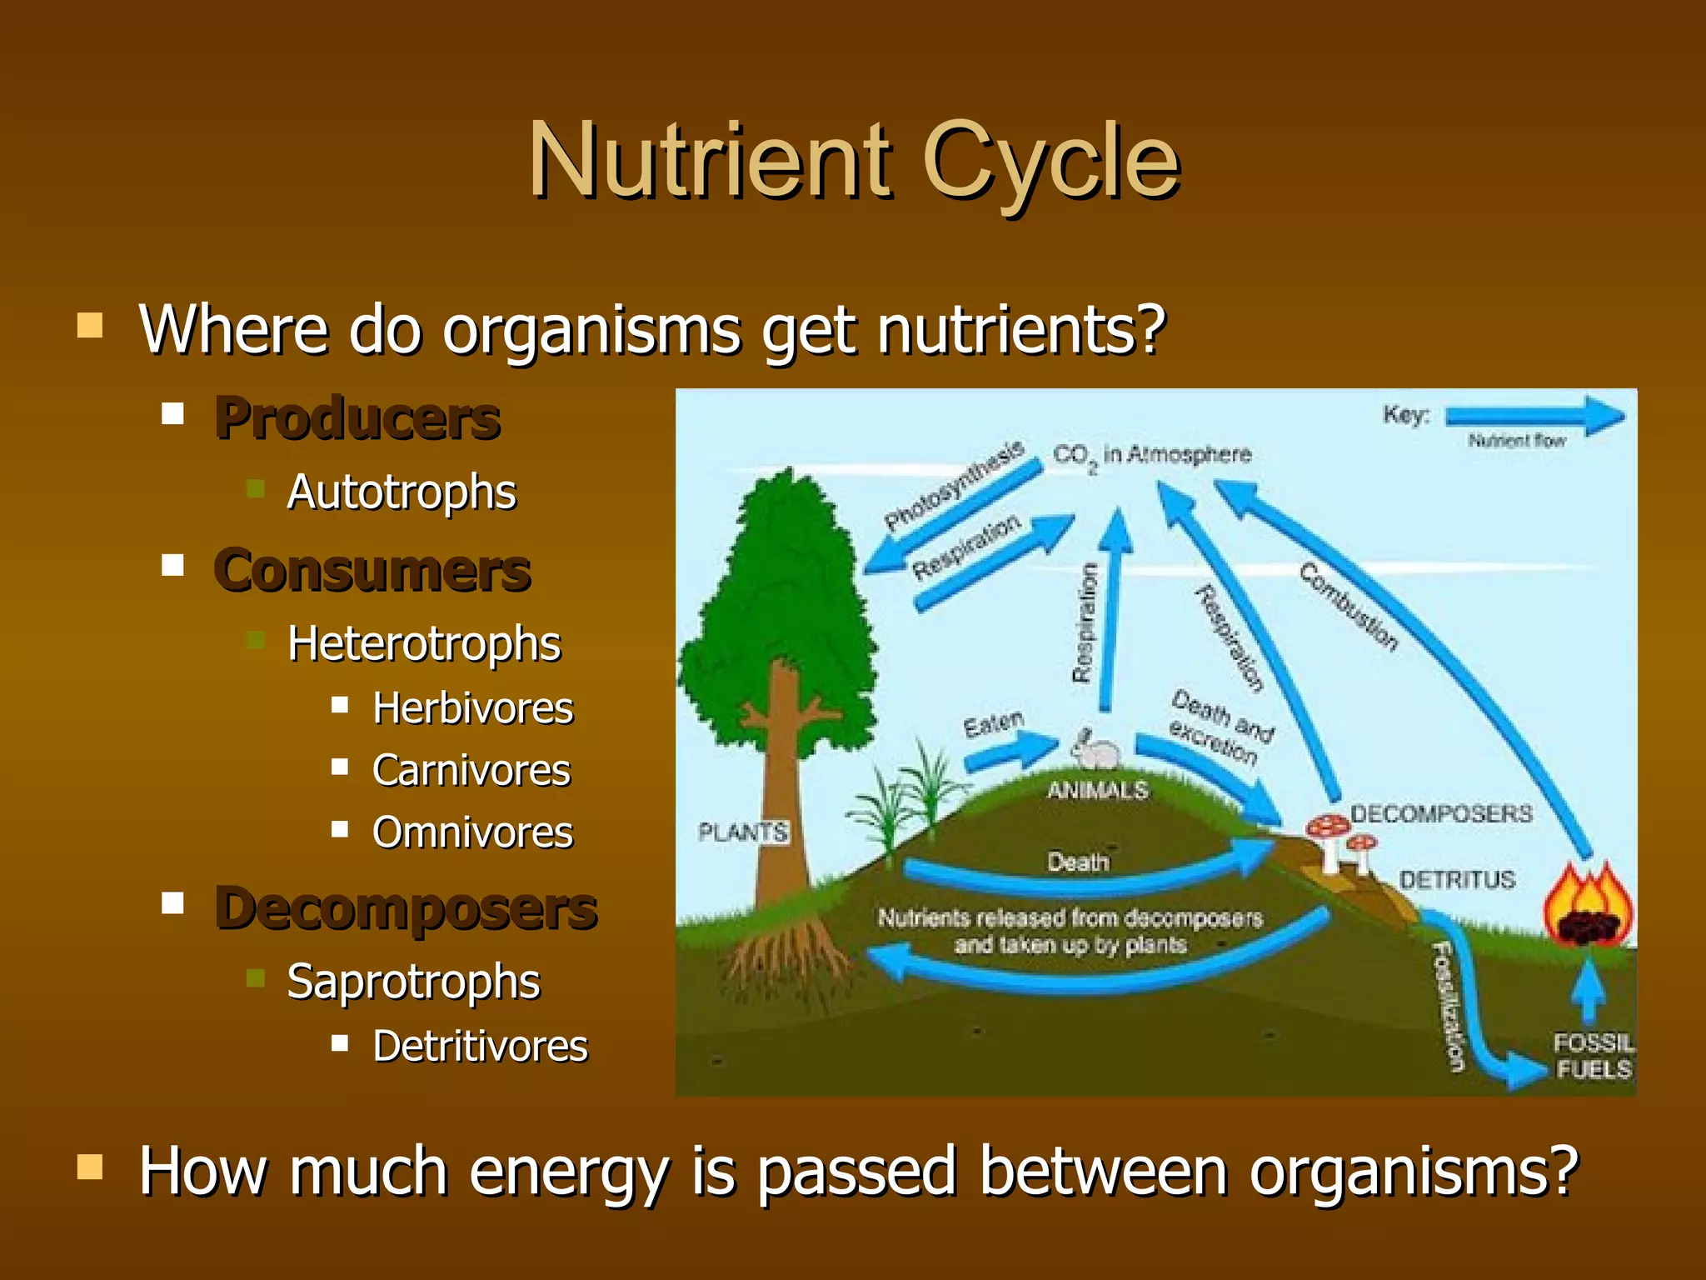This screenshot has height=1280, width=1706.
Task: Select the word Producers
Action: click(357, 418)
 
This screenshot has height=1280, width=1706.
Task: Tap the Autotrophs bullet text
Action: click(402, 492)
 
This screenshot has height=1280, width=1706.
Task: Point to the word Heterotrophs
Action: click(424, 643)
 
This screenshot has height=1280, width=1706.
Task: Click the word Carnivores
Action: click(471, 770)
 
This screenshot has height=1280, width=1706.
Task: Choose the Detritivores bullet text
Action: click(480, 1047)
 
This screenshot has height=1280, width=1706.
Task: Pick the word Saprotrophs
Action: click(413, 982)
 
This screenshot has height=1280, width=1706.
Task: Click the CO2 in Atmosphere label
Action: click(1152, 456)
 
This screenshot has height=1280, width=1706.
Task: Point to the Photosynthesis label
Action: click(953, 486)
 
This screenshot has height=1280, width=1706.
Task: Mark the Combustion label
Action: click(1349, 606)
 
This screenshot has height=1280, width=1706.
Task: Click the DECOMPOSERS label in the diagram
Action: click(1441, 813)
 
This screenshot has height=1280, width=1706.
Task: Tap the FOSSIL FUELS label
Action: click(1593, 1056)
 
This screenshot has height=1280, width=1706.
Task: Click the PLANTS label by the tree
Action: click(742, 832)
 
